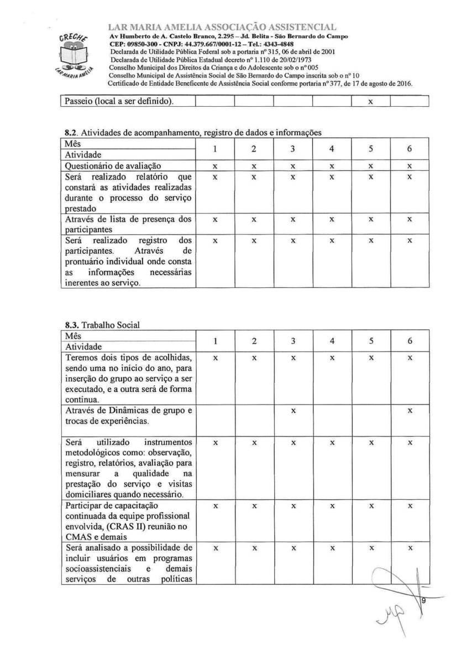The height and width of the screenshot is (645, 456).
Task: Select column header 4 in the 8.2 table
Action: point(332,149)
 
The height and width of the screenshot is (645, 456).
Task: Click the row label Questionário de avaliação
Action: point(115,165)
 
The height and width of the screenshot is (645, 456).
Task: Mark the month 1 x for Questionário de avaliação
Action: point(215,166)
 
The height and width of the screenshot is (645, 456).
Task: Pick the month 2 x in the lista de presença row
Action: point(254,219)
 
